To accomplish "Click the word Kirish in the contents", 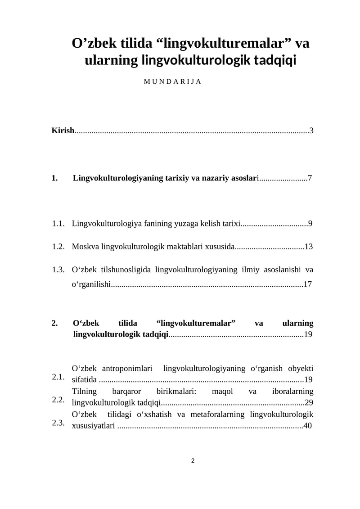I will (63, 131).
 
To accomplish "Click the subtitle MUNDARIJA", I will (172, 82).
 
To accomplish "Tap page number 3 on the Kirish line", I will (311, 131).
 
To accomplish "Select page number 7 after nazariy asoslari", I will (310, 178).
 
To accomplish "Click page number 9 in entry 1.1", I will (310, 223).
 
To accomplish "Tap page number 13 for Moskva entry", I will (309, 247).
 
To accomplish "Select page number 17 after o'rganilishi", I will (308, 284).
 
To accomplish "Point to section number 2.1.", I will (58, 377).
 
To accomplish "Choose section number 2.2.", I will (58, 400).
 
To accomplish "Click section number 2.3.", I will (58, 423).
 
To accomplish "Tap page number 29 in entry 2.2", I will (309, 402).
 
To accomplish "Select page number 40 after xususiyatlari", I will (308, 425).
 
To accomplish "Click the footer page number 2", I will (193, 460).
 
